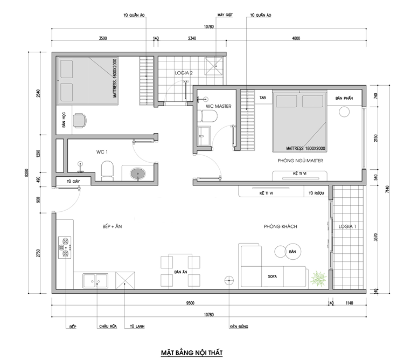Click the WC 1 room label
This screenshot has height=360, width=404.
pos(102,152)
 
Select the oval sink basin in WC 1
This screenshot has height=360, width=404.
pos(138,174)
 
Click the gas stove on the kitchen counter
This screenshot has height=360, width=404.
pos(65,247)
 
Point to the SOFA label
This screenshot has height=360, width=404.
pos(273,276)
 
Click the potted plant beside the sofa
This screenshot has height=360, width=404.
pos(319,278)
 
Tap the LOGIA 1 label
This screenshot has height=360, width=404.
pos(347,226)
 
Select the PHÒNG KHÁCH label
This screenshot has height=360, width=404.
pos(280,226)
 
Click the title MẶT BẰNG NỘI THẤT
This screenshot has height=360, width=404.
pos(192,353)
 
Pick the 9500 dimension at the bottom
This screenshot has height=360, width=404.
pos(190,303)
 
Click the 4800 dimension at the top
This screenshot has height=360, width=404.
pos(296,38)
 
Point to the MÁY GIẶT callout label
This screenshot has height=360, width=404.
pos(225,15)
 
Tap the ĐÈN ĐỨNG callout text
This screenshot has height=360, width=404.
pos(239,327)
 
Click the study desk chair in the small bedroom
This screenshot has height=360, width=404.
pos(80,120)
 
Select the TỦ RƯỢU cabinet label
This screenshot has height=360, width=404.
pos(316,193)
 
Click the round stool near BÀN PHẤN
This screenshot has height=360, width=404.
pos(344,112)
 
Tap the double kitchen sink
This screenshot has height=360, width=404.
pos(95,281)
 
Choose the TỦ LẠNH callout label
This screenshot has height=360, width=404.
pos(137,327)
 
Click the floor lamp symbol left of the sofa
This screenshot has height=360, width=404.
pos(229,280)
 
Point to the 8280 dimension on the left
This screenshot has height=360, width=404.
pos(26,172)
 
